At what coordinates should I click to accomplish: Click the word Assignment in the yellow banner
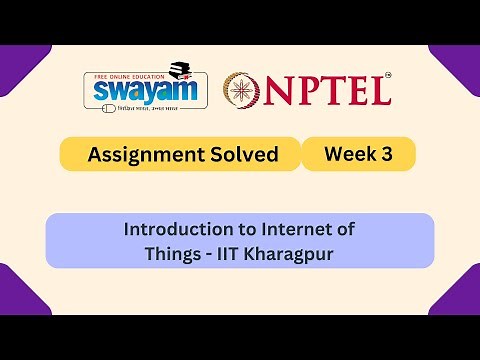(136, 155)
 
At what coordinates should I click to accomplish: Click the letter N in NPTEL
(285, 92)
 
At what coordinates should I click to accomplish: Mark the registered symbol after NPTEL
(389, 75)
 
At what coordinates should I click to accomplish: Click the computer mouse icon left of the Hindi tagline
(96, 107)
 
